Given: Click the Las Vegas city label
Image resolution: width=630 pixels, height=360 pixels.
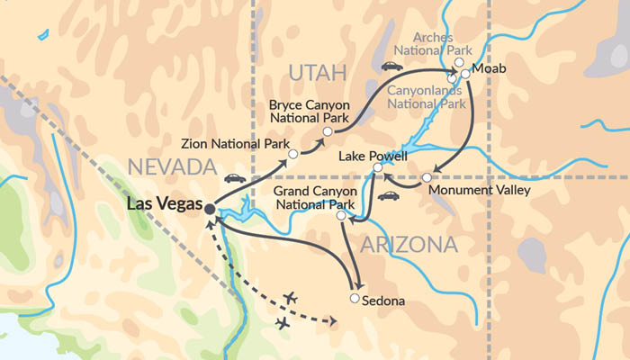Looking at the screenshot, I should coord(165,204).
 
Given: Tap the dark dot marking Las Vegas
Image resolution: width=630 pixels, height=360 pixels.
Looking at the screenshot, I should coord(210,209).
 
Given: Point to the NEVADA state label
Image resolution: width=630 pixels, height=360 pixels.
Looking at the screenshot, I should coord(172,166).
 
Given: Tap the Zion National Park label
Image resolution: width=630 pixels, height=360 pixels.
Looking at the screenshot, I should coord(233,143).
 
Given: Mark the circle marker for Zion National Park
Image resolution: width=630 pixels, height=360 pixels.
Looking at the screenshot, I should coord(292,155).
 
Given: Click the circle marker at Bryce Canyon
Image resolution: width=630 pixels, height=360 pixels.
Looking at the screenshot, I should coord(328,132).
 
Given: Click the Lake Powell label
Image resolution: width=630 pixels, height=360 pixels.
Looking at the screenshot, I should coord(373,155).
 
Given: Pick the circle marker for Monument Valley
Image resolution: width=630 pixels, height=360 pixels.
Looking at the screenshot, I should coord(426,178).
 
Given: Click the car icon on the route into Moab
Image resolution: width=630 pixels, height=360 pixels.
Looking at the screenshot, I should coord(391,67).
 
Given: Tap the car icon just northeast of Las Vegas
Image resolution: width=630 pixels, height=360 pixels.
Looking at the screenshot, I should coord(235,178).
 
